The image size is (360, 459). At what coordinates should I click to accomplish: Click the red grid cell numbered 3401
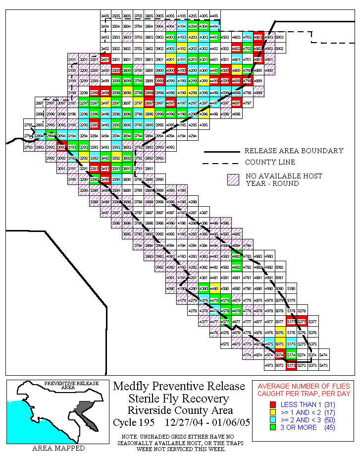(x=105, y=59)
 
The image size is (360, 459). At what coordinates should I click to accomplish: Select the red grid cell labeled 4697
(x=236, y=103)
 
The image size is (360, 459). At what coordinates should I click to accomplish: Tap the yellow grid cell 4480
(x=214, y=288)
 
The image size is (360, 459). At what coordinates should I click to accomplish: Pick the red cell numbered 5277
(x=302, y=322)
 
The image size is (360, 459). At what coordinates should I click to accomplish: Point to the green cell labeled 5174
(x=291, y=354)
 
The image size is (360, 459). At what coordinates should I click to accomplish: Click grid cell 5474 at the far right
(x=323, y=354)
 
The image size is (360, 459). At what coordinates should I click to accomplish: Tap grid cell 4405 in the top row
(x=214, y=16)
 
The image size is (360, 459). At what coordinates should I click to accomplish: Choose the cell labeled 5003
(x=279, y=38)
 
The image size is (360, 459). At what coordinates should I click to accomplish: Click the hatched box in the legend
(x=233, y=179)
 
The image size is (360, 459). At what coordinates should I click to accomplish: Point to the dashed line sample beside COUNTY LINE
(x=220, y=163)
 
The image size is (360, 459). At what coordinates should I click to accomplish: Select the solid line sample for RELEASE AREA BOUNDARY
(x=220, y=151)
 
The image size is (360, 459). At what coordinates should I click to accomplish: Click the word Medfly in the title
(x=132, y=387)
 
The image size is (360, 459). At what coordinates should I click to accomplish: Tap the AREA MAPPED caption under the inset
(x=58, y=448)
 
